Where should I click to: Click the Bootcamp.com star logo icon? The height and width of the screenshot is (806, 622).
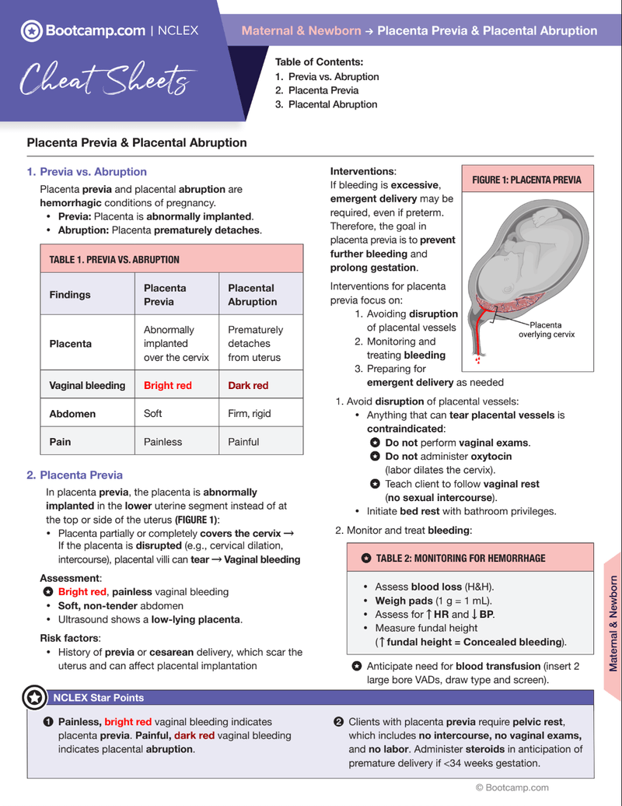pyautogui.click(x=31, y=31)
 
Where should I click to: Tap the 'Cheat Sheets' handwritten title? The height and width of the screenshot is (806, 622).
pyautogui.click(x=104, y=79)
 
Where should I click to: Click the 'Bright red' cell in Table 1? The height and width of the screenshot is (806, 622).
pyautogui.click(x=167, y=385)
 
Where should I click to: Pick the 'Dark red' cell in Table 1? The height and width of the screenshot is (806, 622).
pyautogui.click(x=248, y=385)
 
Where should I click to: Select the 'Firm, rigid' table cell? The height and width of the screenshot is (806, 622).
pyautogui.click(x=249, y=413)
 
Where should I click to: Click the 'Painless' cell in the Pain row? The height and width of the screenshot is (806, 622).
pyautogui.click(x=162, y=441)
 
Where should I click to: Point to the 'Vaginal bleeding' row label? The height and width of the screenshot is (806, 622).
pyautogui.click(x=87, y=385)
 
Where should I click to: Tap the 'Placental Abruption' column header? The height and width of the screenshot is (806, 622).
pyautogui.click(x=252, y=294)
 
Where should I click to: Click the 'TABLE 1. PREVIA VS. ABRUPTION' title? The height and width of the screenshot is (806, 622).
pyautogui.click(x=114, y=259)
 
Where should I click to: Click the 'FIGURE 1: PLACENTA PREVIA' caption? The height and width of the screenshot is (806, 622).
pyautogui.click(x=526, y=180)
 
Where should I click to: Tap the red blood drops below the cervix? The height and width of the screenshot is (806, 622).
pyautogui.click(x=477, y=359)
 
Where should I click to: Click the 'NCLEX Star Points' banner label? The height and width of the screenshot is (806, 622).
pyautogui.click(x=98, y=697)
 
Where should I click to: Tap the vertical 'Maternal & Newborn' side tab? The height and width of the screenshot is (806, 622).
pyautogui.click(x=613, y=622)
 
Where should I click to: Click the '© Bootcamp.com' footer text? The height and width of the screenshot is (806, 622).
pyautogui.click(x=512, y=787)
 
